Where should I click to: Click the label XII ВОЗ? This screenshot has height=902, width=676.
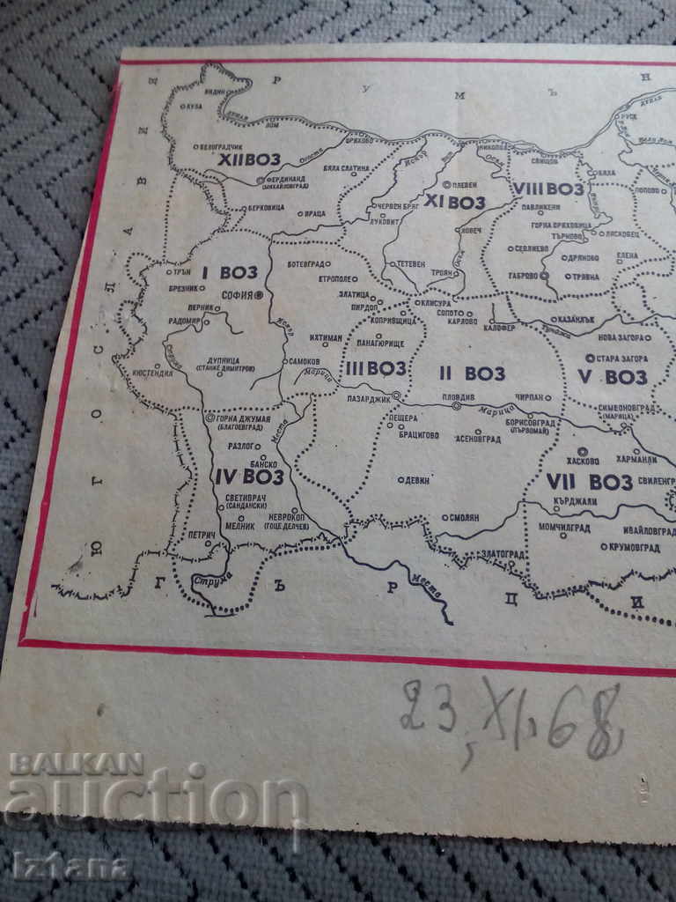point(250,159)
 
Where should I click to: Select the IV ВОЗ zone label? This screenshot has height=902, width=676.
point(249,477)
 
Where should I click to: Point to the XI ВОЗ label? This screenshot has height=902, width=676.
point(454,202)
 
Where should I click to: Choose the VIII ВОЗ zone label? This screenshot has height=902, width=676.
point(548,189)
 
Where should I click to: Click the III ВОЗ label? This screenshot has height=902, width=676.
point(375,368)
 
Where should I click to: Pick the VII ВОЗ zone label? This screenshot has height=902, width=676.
point(590,481)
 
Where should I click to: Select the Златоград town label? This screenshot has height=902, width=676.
point(504,554)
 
